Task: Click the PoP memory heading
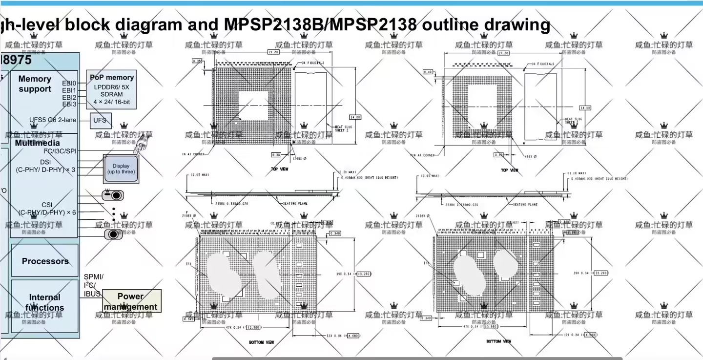tap(112, 77)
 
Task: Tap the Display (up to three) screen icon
tap(121, 169)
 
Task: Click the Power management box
tap(131, 301)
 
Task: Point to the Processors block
tap(45, 261)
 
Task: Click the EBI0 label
tap(69, 84)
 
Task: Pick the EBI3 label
tap(69, 104)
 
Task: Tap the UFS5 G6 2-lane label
tap(53, 120)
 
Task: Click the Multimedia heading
tap(37, 143)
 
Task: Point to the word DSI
tap(45, 162)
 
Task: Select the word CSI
tap(47, 205)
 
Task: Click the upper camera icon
tap(112, 195)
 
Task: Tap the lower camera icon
tap(113, 234)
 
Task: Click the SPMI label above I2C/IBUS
tap(93, 276)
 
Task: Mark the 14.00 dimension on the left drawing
tap(355, 117)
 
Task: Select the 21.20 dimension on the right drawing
tap(503, 53)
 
